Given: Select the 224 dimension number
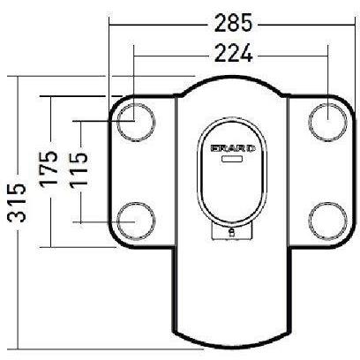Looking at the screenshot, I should tap(231, 54).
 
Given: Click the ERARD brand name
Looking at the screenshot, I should tap(234, 149).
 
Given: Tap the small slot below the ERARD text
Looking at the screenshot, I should tap(233, 161).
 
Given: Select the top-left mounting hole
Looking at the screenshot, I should tap(135, 119).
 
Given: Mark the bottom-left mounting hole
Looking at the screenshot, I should tap(135, 219).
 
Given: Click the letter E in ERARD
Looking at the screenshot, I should tap(215, 149).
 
